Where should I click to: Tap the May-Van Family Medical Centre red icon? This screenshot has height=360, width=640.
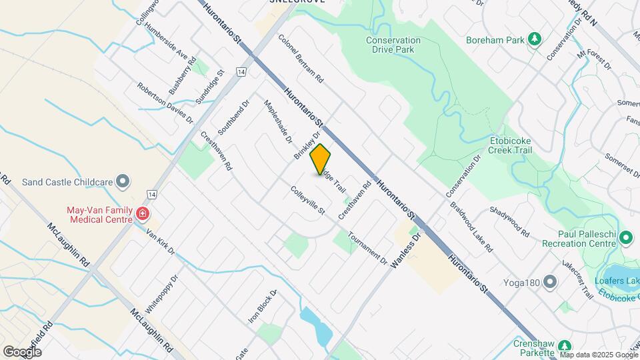[142, 214]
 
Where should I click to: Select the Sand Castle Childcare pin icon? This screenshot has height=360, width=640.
[123, 181]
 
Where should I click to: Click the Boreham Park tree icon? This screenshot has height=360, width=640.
[534, 39]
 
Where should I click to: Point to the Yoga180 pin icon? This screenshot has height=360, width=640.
[550, 282]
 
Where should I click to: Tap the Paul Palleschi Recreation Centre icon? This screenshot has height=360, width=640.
[625, 237]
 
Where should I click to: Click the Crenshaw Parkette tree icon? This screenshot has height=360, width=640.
[564, 345]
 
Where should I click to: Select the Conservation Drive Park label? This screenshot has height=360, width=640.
[393, 45]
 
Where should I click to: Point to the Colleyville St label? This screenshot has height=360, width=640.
[307, 200]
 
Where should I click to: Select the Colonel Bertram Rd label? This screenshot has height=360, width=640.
[301, 59]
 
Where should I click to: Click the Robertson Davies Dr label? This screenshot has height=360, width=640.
[165, 103]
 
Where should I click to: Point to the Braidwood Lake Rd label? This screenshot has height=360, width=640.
[471, 227]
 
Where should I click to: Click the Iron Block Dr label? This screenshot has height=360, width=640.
[262, 307]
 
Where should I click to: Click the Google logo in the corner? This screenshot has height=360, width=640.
[22, 351]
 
